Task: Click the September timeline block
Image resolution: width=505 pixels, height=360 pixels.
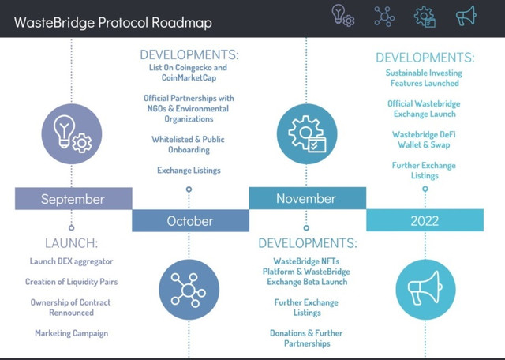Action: point(73,198)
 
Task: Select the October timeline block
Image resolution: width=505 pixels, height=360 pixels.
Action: point(190,221)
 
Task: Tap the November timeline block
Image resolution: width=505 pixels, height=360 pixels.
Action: point(307,198)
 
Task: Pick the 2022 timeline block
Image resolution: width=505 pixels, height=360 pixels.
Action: point(425,220)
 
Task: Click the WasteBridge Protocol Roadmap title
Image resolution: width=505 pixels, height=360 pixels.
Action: point(113,23)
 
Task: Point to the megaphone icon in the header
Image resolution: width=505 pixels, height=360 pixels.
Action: point(466,16)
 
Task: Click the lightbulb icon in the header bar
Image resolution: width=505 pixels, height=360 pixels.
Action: point(343,16)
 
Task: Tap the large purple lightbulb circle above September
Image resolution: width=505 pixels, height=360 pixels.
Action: point(72,133)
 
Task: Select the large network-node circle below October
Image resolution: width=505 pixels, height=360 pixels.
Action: point(189,290)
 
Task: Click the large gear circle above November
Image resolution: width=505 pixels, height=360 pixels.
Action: point(307,133)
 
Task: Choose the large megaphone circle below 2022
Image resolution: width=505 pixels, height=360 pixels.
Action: point(425,290)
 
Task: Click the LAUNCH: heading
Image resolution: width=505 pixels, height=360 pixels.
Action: point(71,243)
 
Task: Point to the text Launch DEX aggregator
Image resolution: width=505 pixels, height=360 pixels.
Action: point(71,261)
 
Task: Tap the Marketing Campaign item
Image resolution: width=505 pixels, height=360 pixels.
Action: point(72,333)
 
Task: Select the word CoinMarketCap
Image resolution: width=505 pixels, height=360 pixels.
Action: point(189,78)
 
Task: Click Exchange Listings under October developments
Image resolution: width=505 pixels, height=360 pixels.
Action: point(189,171)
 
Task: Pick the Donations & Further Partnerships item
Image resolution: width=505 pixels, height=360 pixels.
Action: point(306,338)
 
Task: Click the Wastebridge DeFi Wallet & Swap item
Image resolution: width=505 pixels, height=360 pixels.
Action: point(424,140)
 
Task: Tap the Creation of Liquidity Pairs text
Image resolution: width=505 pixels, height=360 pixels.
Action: point(71,282)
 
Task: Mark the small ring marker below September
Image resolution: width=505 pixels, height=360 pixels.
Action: point(72,228)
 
